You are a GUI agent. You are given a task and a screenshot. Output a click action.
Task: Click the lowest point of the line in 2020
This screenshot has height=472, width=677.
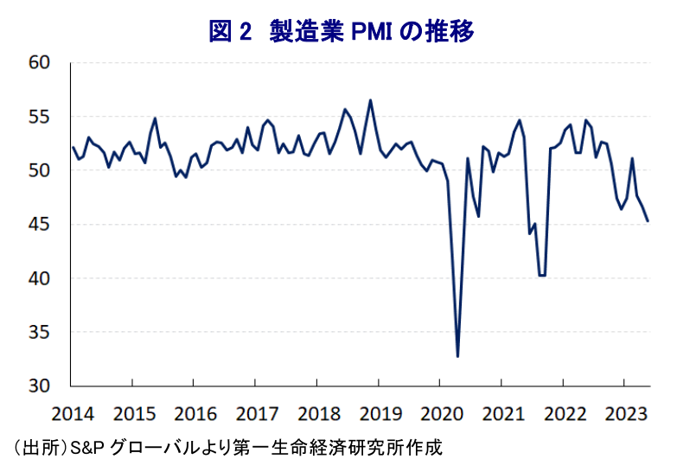(x=457, y=356)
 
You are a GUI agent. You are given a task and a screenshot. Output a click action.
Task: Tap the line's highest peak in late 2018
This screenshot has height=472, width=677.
(x=370, y=100)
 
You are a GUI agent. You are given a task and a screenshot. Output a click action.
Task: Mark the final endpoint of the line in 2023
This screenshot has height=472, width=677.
(x=648, y=221)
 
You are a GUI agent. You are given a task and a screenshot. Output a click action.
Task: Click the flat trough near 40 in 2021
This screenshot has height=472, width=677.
(x=542, y=276)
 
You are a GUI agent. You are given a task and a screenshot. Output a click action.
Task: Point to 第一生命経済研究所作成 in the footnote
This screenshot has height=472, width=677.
(x=364, y=450)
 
